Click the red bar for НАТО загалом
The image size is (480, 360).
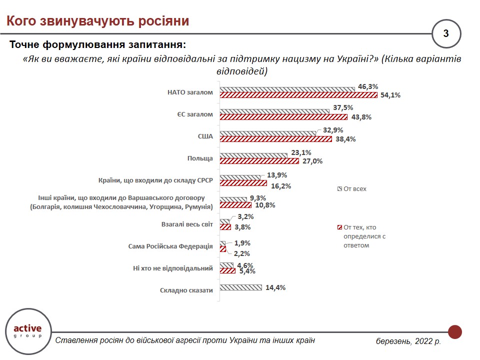point(298,95)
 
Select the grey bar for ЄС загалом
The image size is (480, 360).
point(274,111)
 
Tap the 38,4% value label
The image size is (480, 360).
point(345,139)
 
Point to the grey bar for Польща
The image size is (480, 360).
point(253,155)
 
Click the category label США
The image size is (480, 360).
point(205,136)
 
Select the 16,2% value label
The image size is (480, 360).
point(281,186)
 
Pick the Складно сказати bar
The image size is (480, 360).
point(241,287)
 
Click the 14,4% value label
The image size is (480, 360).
point(275,288)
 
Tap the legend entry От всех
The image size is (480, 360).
point(351,189)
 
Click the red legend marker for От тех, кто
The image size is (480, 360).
point(339,227)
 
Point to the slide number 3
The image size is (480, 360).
point(446,33)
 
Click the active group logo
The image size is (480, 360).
point(28,331)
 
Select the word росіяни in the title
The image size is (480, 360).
point(163,21)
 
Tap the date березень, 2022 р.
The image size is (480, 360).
point(408,340)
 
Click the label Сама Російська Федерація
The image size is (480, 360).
point(170,246)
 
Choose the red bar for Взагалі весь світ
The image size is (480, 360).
point(225,227)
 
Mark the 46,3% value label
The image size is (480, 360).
point(368,86)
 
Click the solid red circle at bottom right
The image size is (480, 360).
point(455,332)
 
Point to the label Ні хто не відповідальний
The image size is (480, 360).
point(173,268)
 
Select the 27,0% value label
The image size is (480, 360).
point(312,161)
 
